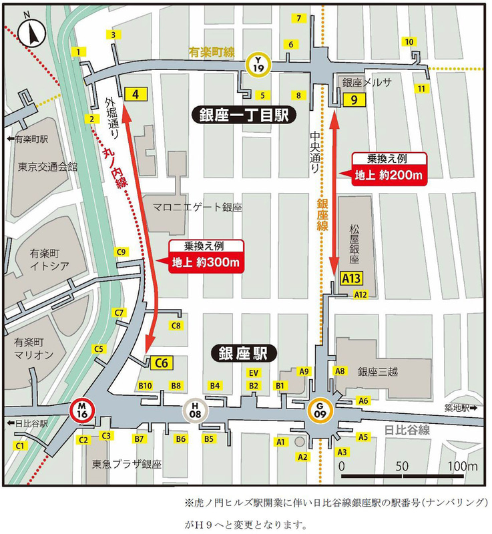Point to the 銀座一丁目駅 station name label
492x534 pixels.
(x=242, y=115)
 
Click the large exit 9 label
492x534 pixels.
(x=352, y=99)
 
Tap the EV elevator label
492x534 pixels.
(x=254, y=372)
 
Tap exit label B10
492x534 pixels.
(x=145, y=386)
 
